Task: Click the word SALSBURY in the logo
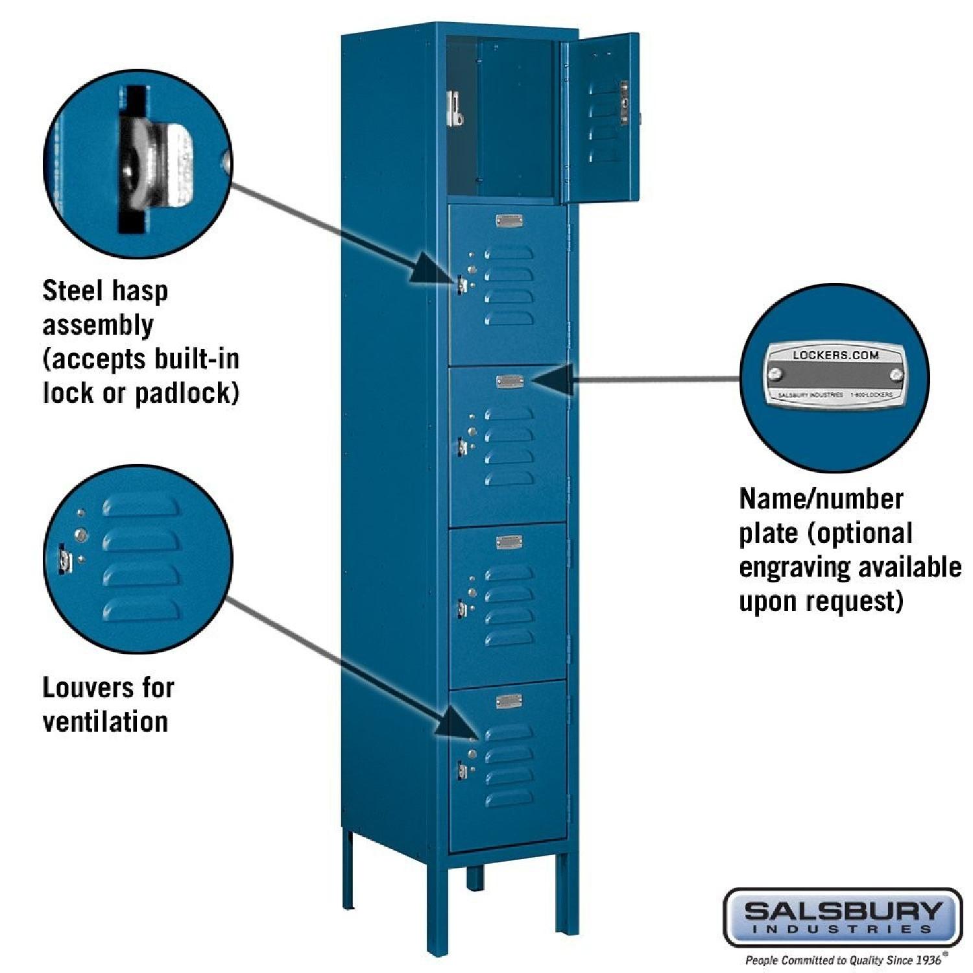click(x=843, y=911)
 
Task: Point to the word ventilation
click(x=105, y=721)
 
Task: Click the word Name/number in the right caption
click(x=821, y=499)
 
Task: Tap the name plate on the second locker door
click(x=509, y=221)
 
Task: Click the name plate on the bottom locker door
click(x=509, y=701)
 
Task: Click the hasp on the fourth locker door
click(x=462, y=608)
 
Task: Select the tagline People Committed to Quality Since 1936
click(x=843, y=959)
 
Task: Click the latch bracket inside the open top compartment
click(x=455, y=108)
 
